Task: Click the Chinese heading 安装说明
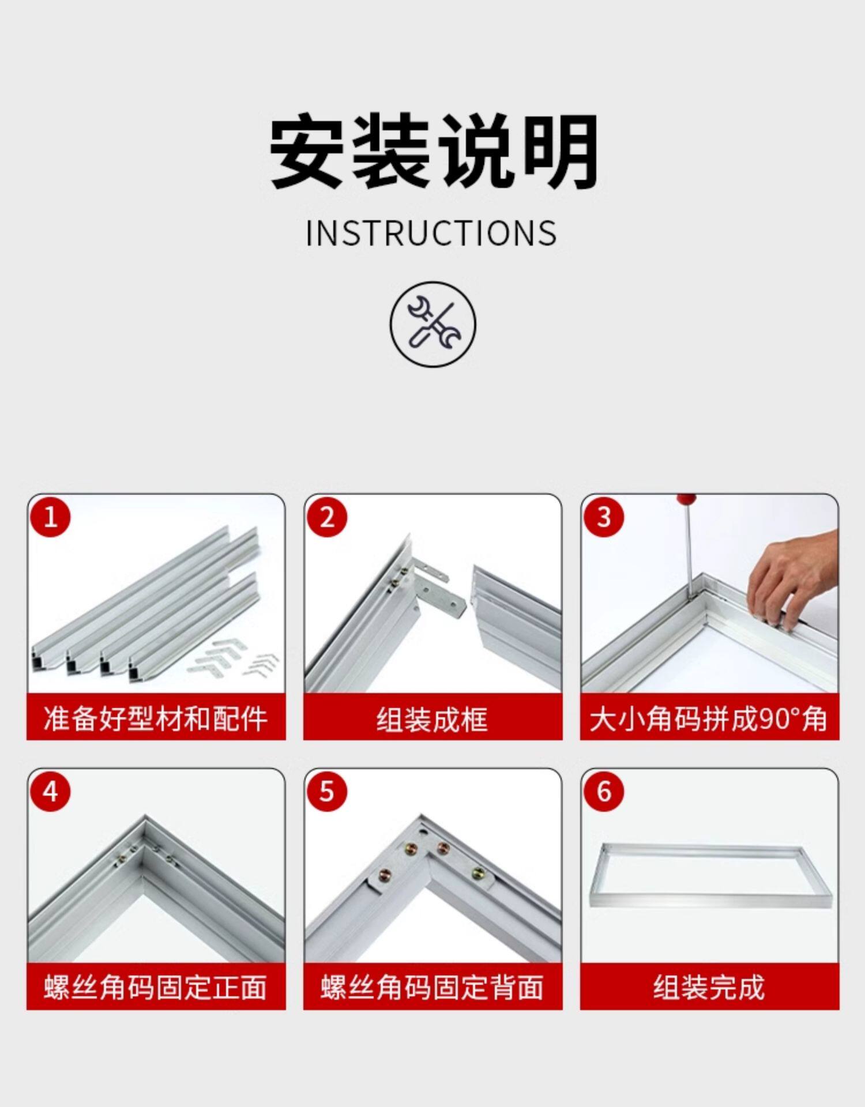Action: click(x=434, y=151)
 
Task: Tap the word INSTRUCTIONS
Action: click(x=431, y=234)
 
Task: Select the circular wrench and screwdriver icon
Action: click(x=433, y=324)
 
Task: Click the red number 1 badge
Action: click(x=50, y=517)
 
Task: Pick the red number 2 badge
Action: click(x=327, y=517)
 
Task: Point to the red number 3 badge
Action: click(x=604, y=517)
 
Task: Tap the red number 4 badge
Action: click(x=50, y=791)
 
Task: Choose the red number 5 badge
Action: click(x=327, y=791)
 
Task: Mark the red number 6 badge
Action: click(x=604, y=791)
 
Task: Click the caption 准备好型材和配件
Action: click(x=156, y=719)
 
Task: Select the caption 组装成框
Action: click(x=432, y=719)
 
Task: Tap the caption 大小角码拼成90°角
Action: click(x=709, y=719)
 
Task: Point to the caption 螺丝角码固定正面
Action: click(x=156, y=988)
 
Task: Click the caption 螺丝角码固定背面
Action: click(x=432, y=988)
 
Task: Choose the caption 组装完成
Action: click(x=709, y=988)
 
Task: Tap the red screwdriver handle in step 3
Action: click(x=686, y=499)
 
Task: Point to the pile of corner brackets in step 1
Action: click(x=234, y=658)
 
